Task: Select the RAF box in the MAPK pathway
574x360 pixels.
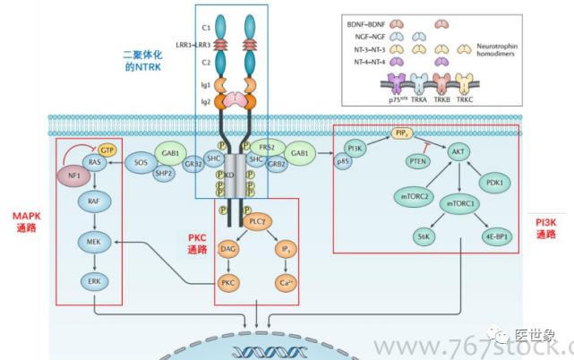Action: tap(94, 203)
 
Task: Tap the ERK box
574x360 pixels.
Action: tap(94, 281)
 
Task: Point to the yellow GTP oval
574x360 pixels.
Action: tap(107, 150)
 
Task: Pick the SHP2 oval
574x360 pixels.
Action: tap(164, 174)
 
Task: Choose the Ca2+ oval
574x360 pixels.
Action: tap(286, 284)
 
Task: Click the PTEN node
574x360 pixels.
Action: tap(417, 161)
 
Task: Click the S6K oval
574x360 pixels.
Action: tap(423, 237)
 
